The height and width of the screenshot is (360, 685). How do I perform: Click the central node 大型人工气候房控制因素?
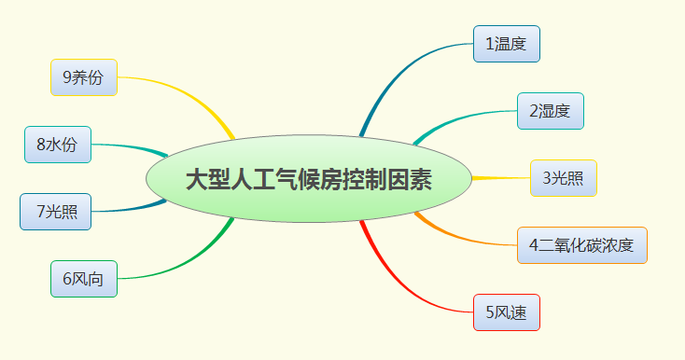[x=309, y=179]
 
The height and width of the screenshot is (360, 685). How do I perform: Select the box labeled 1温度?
[x=507, y=44]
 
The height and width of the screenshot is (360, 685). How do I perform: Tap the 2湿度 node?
[x=551, y=111]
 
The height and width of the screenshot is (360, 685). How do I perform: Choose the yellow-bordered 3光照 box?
[x=564, y=177]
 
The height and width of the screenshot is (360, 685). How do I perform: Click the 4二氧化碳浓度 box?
[x=582, y=245]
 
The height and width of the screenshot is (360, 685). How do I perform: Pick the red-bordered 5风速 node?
[x=507, y=312]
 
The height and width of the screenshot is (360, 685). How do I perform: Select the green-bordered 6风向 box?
[x=83, y=279]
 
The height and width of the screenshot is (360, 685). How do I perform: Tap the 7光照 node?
[x=55, y=212]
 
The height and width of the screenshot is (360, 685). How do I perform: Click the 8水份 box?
[x=58, y=145]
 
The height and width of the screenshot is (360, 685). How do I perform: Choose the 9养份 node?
[x=83, y=77]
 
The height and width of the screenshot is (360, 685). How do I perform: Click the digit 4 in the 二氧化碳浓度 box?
[x=534, y=246]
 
